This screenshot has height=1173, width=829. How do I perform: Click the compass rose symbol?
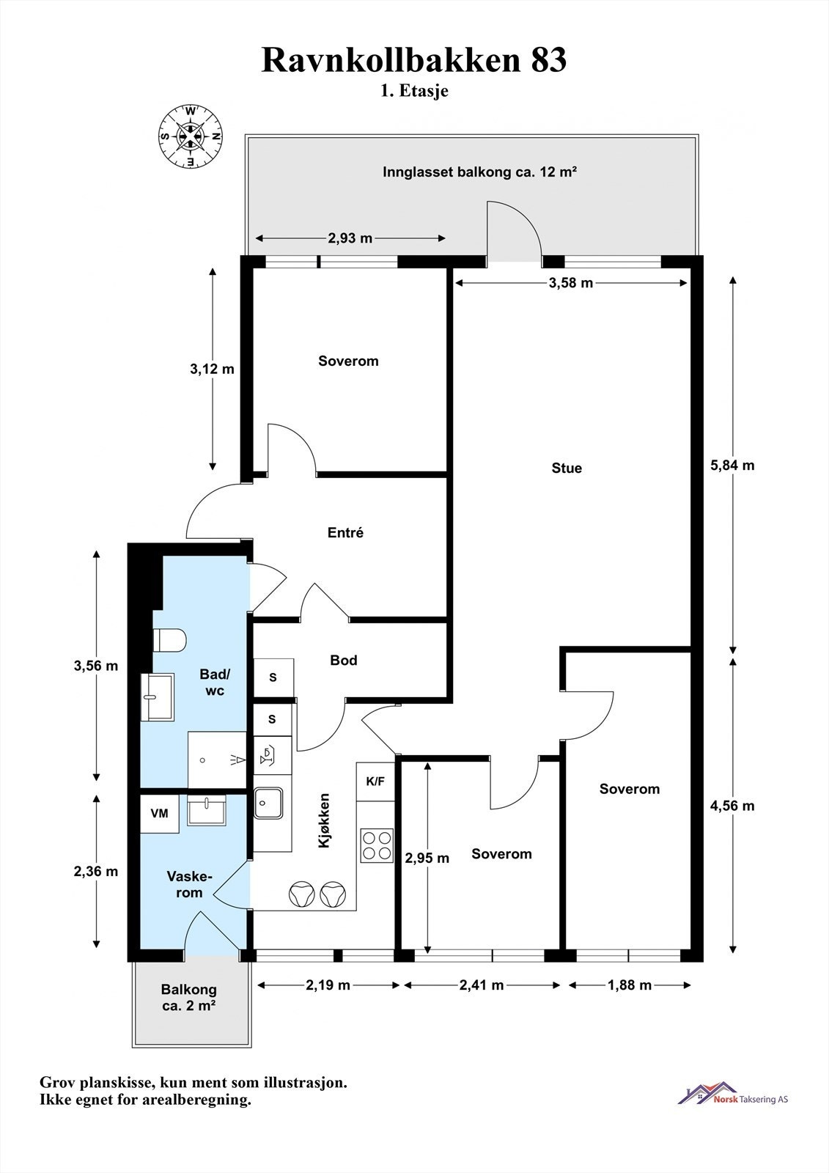point(191,136)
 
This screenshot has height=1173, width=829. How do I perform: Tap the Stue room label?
point(567,468)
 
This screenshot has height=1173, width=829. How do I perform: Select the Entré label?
point(345,532)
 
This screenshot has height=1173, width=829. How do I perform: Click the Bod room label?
point(344,660)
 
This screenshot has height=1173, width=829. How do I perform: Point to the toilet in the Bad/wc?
point(169,640)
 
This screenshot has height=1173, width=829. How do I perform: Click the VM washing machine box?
point(160,813)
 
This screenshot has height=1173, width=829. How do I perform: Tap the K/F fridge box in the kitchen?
point(375,782)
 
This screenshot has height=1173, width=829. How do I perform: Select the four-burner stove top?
point(377,846)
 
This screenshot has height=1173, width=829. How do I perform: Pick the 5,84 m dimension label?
point(732,465)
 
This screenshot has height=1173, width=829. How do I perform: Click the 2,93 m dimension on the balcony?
point(350,238)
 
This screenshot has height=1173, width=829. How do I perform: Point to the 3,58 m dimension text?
point(571,283)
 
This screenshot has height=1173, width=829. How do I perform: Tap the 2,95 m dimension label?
point(427,858)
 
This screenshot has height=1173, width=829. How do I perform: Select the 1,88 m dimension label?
point(630,985)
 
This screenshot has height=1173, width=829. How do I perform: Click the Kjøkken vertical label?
point(325,820)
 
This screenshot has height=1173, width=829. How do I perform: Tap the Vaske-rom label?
point(189,884)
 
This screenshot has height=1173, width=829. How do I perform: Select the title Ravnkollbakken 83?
point(413,59)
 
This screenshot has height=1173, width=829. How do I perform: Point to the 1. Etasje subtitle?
point(414,91)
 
